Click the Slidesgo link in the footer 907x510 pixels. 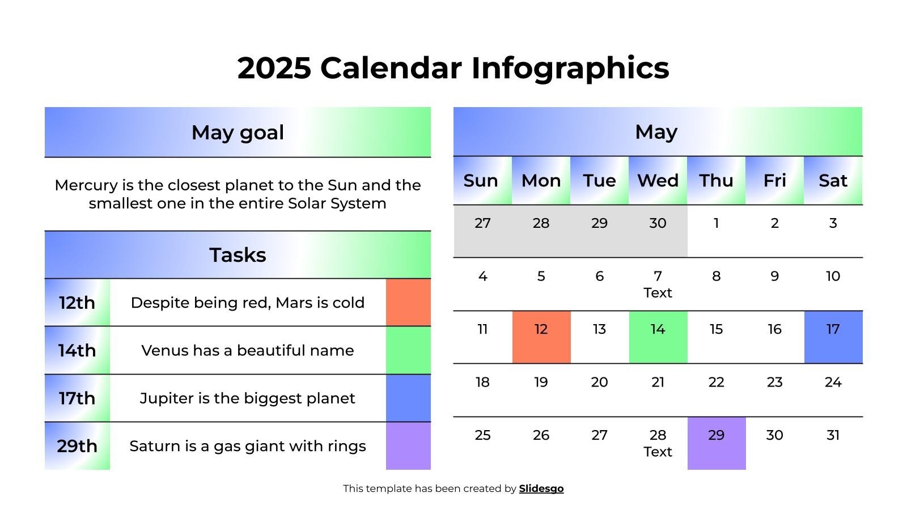[541, 488]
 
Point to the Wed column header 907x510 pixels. [658, 181]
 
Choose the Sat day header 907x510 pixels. [833, 181]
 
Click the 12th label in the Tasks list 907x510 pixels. [77, 303]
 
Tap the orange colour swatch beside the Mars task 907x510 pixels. [408, 303]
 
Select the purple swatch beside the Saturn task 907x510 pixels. [408, 446]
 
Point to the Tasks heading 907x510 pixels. [238, 255]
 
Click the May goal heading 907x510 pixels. [238, 133]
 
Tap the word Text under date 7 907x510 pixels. [658, 293]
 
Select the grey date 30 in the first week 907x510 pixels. [658, 223]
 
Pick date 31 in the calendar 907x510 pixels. [833, 435]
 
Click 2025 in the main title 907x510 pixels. [274, 68]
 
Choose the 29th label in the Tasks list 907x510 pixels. [77, 446]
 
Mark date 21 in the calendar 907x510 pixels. [658, 382]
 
